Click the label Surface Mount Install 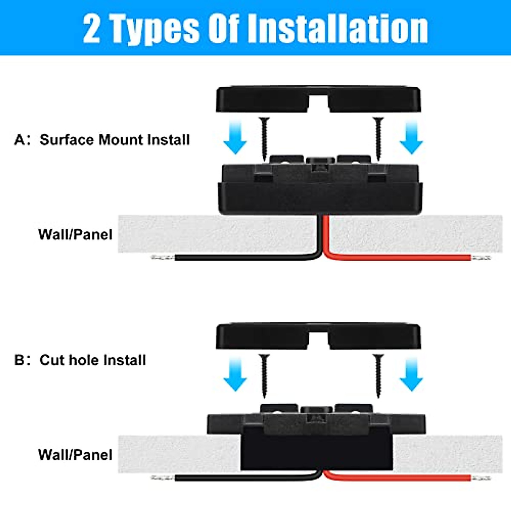tap(115, 140)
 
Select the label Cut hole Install tap(93, 360)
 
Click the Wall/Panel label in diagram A tap(75, 234)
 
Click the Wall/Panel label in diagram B tap(75, 454)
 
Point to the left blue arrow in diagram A tap(235, 137)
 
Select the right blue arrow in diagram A tap(411, 137)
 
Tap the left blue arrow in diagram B tap(235, 374)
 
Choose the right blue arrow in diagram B tap(411, 374)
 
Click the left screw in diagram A tap(264, 138)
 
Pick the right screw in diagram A tap(378, 138)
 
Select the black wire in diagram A tap(247, 257)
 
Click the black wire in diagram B tap(247, 478)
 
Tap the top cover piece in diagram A tap(264, 100)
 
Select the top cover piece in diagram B tap(264, 336)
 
